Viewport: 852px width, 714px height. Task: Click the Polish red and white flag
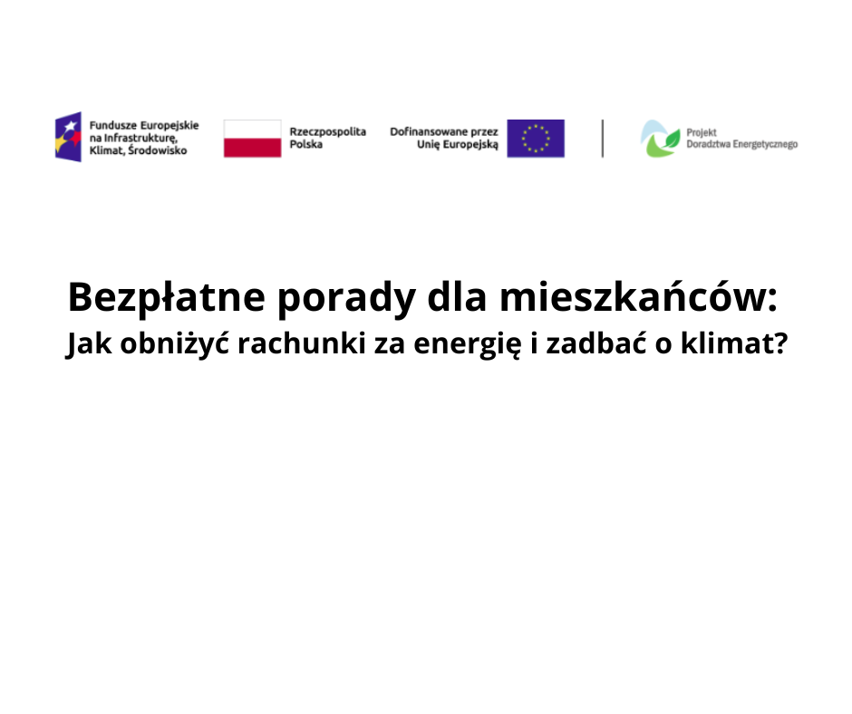click(x=253, y=139)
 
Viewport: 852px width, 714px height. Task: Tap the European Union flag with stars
click(x=536, y=139)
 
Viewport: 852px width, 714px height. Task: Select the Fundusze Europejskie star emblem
click(x=69, y=137)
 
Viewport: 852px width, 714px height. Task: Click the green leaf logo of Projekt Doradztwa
click(x=660, y=140)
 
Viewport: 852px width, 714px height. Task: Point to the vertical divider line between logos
click(x=603, y=139)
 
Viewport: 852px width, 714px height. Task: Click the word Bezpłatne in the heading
click(x=167, y=298)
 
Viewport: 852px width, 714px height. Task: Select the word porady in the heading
click(x=346, y=299)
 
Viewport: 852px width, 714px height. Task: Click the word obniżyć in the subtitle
click(x=174, y=344)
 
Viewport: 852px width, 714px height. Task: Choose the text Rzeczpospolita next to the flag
click(x=327, y=132)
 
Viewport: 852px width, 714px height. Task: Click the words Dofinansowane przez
click(x=444, y=131)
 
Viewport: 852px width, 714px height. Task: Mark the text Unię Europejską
click(x=458, y=145)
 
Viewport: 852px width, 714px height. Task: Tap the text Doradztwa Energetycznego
click(x=742, y=145)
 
